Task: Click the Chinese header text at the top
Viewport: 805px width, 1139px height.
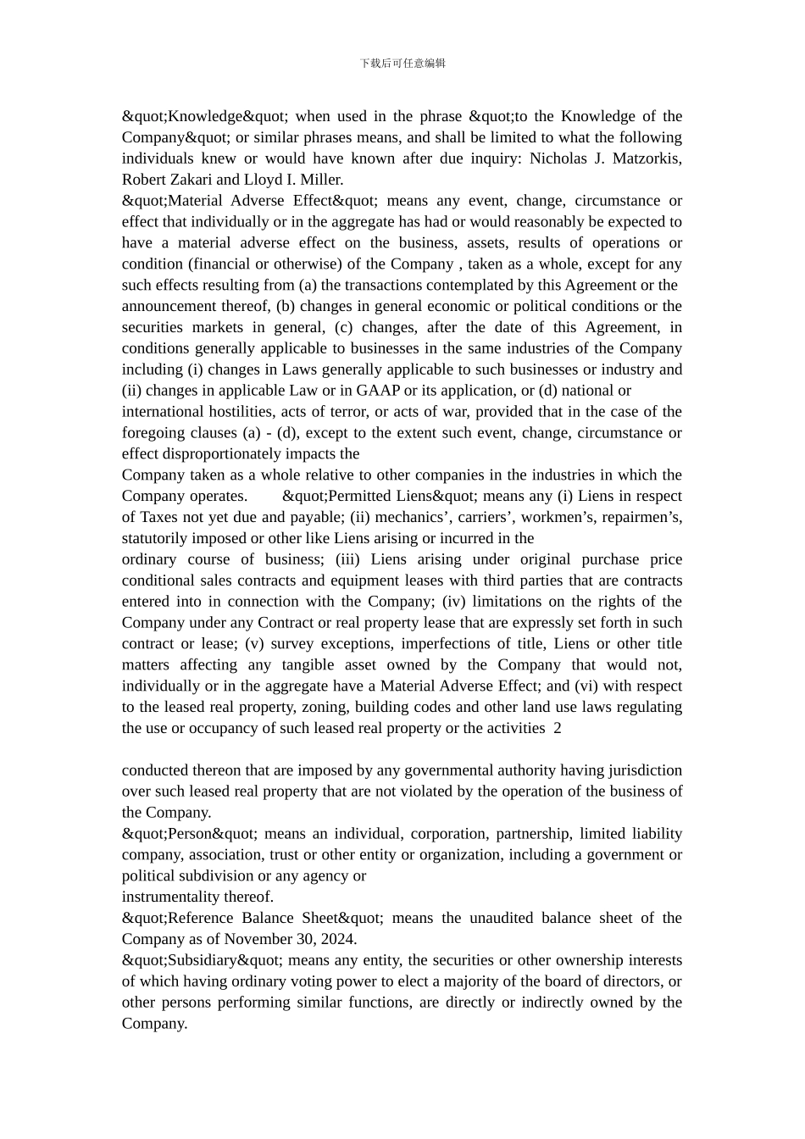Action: [402, 63]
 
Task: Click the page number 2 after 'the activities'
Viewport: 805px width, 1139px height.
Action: [557, 728]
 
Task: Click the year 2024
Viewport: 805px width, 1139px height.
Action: [337, 939]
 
